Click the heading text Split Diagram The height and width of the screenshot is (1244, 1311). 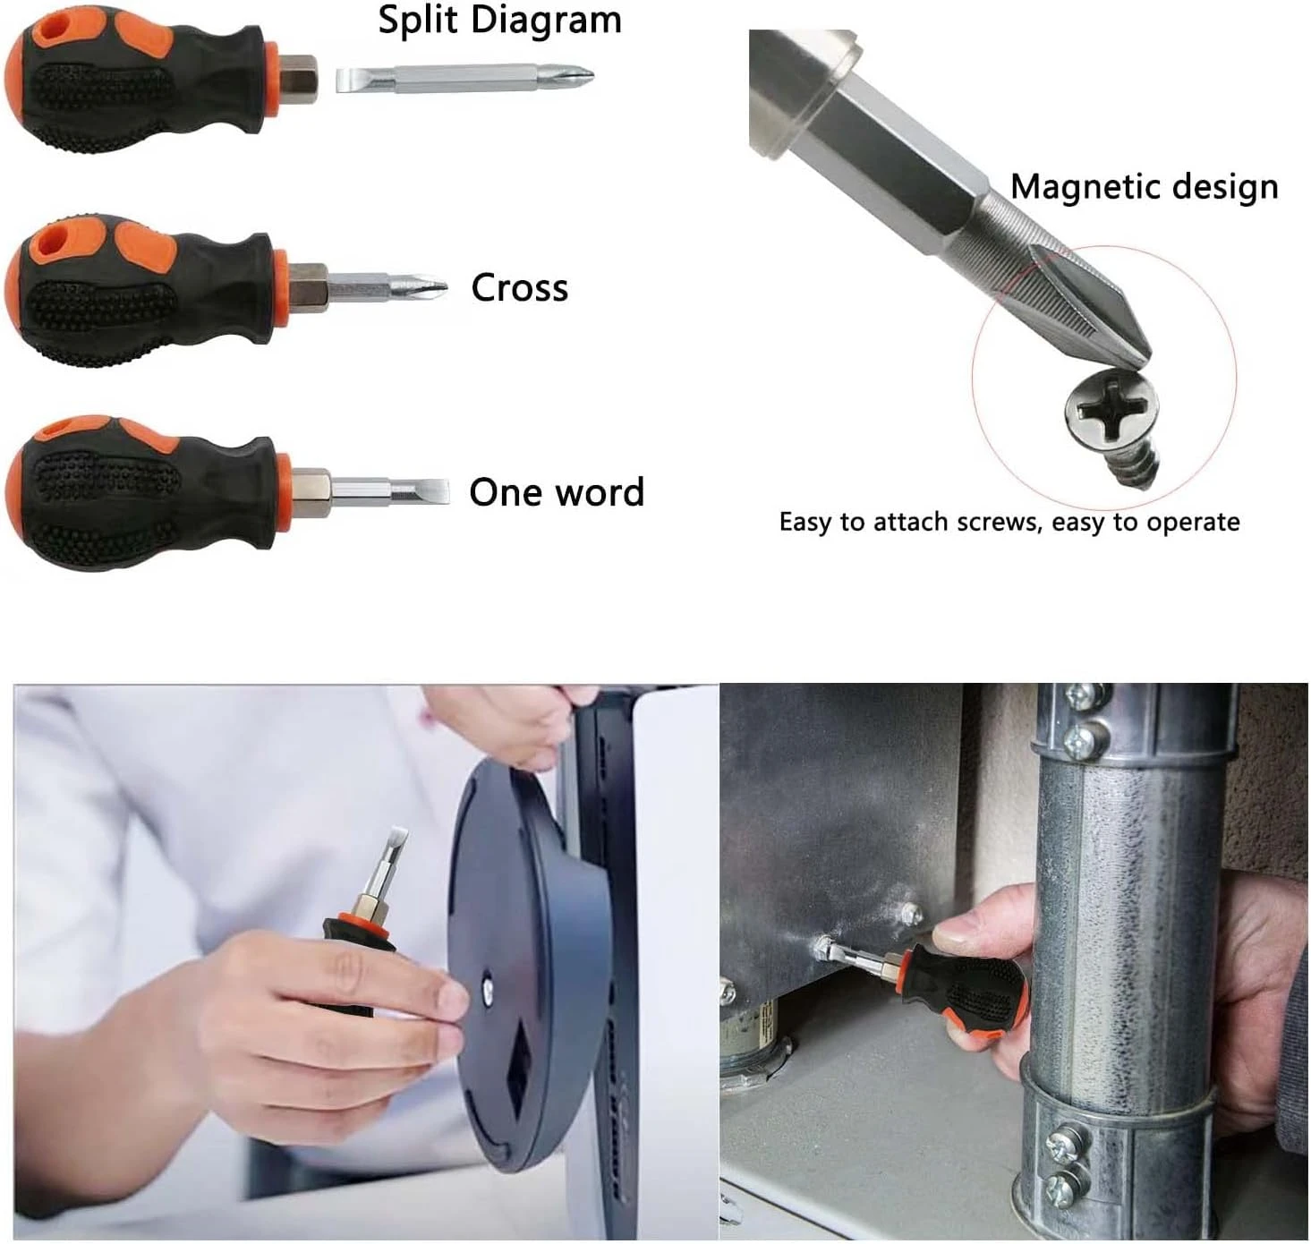[499, 21]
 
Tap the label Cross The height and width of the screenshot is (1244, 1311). [519, 287]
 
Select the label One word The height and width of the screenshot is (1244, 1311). [557, 492]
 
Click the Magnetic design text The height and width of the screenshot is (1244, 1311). [1145, 187]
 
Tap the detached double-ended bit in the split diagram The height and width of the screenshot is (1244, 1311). [464, 80]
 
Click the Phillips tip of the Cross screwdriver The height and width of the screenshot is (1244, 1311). [430, 286]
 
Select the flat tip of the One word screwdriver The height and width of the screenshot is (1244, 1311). [428, 492]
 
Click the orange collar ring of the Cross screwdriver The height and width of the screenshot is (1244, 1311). [281, 288]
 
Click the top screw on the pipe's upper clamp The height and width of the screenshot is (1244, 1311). [1081, 697]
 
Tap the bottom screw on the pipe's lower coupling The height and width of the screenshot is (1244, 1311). [1057, 1185]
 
